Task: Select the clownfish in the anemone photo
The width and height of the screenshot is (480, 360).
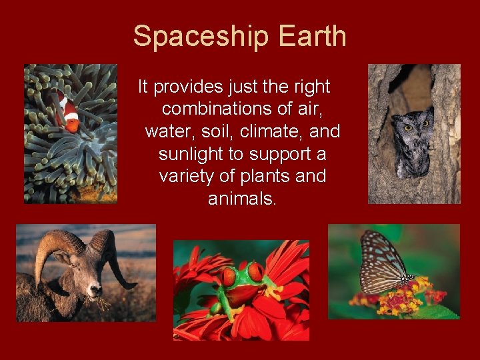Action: [69, 111]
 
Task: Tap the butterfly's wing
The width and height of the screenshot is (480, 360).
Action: [381, 261]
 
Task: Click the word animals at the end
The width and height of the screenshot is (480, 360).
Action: [241, 199]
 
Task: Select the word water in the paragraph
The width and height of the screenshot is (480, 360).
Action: [167, 131]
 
